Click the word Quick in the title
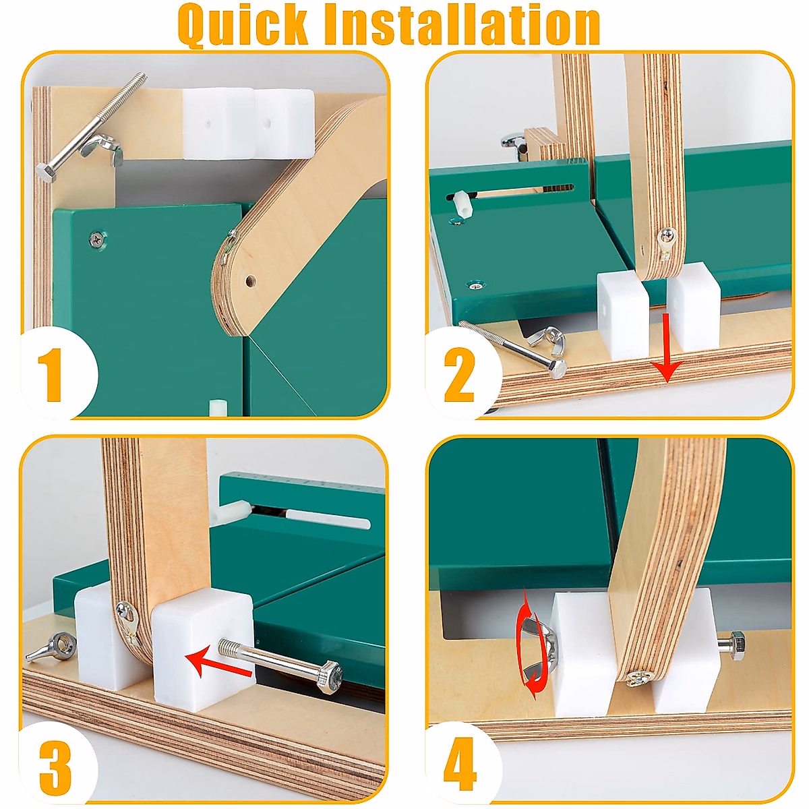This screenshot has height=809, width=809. coord(245,25)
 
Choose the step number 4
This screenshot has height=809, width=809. coord(460,765)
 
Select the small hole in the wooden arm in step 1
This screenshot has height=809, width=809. coord(250,280)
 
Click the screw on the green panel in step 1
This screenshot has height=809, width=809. coord(98,238)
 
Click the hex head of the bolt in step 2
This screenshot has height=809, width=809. coord(557,368)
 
